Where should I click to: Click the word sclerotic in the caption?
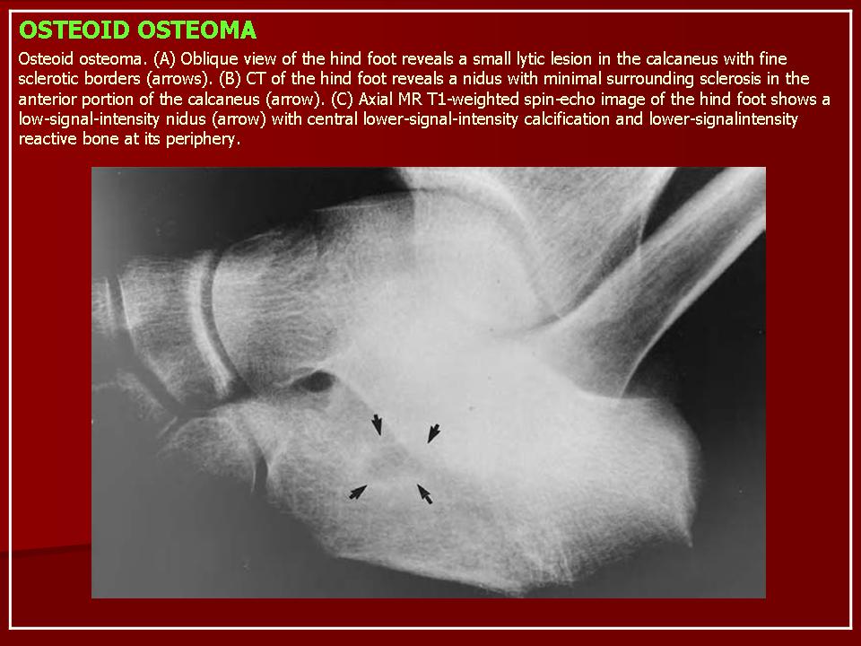click(x=48, y=79)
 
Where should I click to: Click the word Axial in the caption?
click(x=376, y=100)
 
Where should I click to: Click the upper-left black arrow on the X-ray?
click(x=377, y=424)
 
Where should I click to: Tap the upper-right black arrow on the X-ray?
click(x=434, y=432)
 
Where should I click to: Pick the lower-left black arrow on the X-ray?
click(x=358, y=493)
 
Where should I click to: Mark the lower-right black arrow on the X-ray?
click(x=424, y=493)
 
